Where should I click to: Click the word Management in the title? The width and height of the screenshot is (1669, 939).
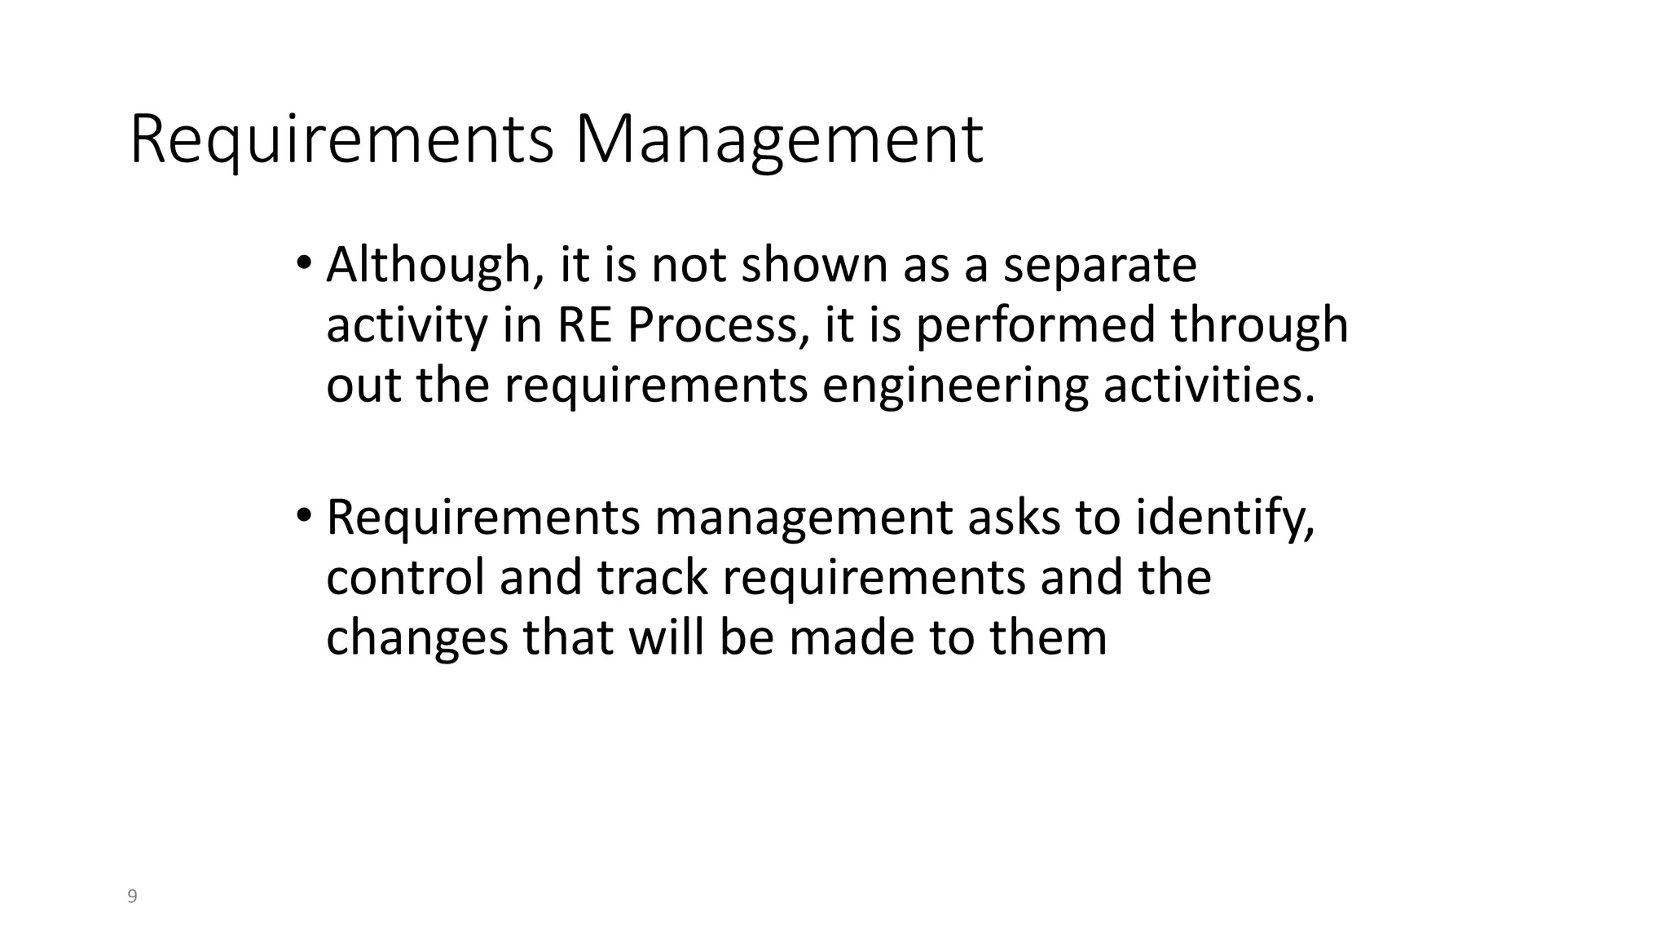tap(779, 140)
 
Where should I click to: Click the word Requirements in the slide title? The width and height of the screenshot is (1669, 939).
tap(341, 140)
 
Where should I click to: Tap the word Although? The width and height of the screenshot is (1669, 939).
tap(429, 266)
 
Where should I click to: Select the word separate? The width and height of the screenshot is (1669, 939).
tap(1099, 266)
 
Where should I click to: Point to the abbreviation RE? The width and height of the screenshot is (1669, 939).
tap(584, 325)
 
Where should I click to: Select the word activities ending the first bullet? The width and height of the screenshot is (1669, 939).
tap(1209, 385)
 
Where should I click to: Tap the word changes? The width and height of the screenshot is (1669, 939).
tap(417, 638)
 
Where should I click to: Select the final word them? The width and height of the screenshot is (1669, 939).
tap(1049, 637)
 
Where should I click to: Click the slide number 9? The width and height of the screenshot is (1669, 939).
tap(133, 897)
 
